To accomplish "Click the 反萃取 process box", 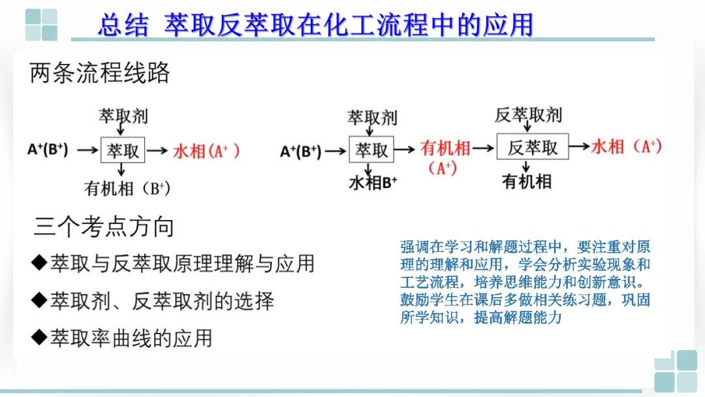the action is [x=533, y=148].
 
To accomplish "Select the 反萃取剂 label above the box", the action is [x=528, y=116].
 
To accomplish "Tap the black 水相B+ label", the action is [x=373, y=182].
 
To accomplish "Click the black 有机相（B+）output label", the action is [x=127, y=189].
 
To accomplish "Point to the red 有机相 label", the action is [x=445, y=148].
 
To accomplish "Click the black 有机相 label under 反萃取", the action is [x=526, y=182].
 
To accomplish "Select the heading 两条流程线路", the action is [x=100, y=72].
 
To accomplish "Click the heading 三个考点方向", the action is [x=104, y=227].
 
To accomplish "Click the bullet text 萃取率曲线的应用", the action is [x=131, y=338].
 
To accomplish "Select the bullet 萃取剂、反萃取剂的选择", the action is [x=162, y=301].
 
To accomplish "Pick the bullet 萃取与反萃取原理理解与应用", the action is [x=182, y=263].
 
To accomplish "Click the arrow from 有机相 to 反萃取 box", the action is [x=484, y=148].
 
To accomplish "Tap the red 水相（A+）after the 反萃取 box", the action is [x=626, y=146].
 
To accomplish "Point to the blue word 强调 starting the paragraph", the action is [x=412, y=247].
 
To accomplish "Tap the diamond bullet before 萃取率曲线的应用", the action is [x=39, y=338].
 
